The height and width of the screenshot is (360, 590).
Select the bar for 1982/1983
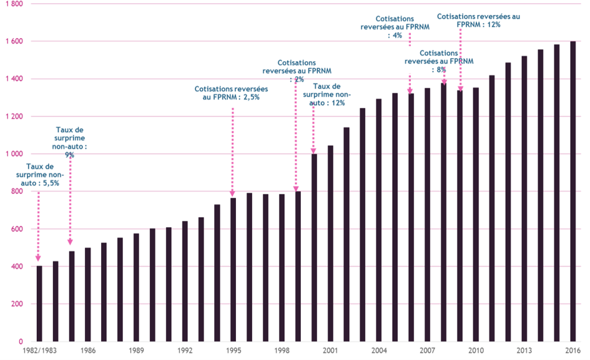tap(39, 304)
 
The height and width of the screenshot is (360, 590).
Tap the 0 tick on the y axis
tap(21, 342)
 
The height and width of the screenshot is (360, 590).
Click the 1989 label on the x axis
tap(135, 351)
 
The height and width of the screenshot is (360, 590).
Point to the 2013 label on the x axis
tap(524, 351)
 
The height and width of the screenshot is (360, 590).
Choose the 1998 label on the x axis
tap(282, 351)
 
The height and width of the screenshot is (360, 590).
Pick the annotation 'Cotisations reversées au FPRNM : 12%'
tap(478, 20)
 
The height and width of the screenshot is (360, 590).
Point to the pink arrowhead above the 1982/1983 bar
tap(39, 257)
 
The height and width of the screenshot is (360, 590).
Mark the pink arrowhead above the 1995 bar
tap(233, 193)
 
